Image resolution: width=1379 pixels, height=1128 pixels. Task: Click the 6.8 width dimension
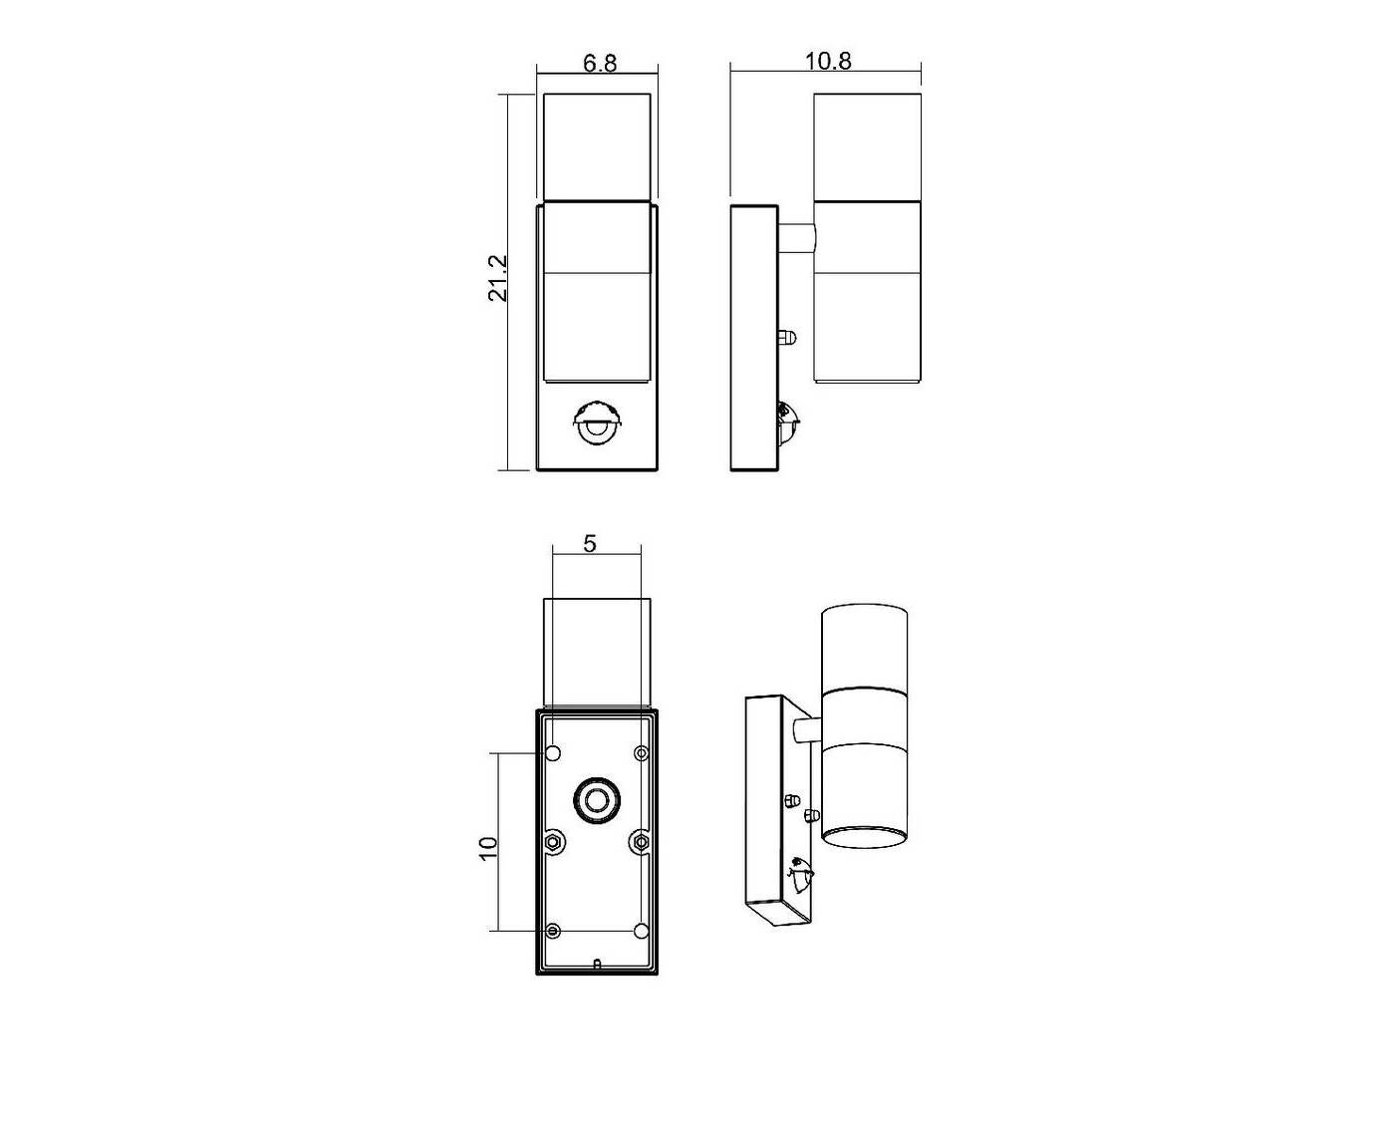[x=600, y=64]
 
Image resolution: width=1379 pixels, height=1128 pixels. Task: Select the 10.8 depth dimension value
[x=827, y=61]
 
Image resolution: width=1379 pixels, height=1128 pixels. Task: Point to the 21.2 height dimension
[x=498, y=278]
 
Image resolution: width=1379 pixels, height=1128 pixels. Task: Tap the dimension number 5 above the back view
[x=590, y=544]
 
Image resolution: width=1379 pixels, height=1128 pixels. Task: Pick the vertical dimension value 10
[x=488, y=849]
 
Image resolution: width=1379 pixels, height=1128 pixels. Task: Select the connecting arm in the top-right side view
[x=796, y=239]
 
